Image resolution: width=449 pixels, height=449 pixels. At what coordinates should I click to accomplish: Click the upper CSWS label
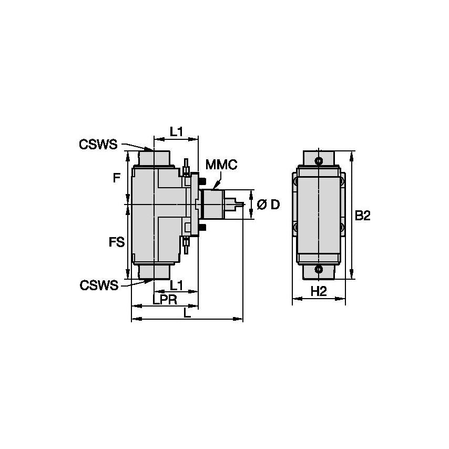(98, 144)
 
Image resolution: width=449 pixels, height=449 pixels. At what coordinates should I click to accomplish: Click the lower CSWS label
(99, 285)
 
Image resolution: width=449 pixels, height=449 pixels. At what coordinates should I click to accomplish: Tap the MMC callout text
(221, 165)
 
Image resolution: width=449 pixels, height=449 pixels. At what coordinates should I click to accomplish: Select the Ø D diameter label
(268, 205)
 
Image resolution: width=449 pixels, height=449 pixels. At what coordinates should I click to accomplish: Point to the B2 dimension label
(363, 216)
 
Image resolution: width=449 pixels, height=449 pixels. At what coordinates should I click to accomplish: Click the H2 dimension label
(319, 292)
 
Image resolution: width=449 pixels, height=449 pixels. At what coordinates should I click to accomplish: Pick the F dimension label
(117, 178)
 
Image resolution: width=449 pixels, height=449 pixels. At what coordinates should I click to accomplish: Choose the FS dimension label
(117, 242)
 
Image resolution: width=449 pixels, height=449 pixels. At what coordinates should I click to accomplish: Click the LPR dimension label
(165, 300)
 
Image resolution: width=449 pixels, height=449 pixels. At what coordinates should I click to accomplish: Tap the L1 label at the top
(176, 132)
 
